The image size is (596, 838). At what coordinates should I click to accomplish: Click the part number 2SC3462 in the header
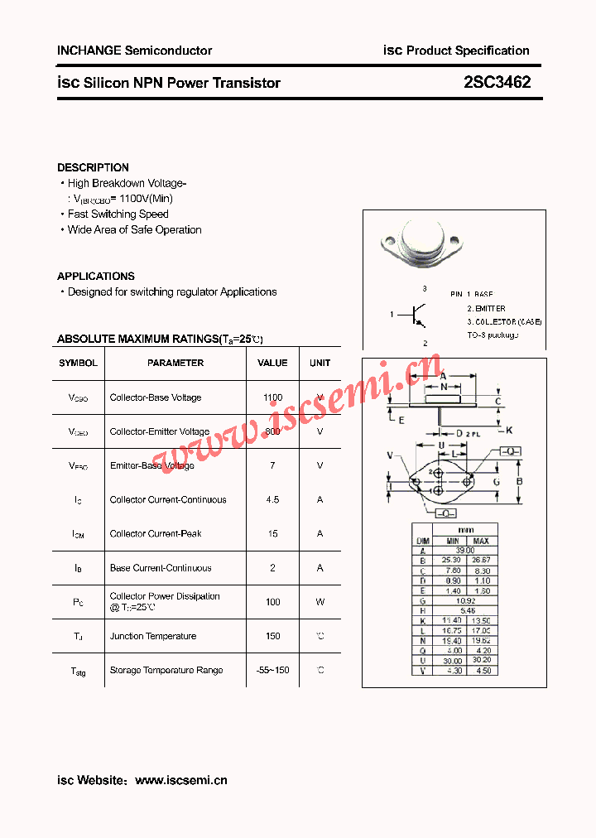[497, 83]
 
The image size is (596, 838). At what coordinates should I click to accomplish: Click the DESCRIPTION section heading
[93, 167]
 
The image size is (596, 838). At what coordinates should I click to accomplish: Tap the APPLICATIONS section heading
[95, 277]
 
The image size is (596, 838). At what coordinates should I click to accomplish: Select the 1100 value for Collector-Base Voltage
[272, 397]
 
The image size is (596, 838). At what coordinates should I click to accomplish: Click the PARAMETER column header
[175, 363]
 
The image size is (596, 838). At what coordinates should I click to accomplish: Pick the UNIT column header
[320, 363]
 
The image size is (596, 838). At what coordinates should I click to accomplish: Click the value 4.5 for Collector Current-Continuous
[272, 500]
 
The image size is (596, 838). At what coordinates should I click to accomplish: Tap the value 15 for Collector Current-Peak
[272, 534]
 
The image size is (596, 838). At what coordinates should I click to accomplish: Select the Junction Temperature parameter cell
[153, 637]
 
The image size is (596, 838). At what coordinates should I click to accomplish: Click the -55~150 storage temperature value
[272, 670]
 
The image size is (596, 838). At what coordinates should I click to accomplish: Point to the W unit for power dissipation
[320, 602]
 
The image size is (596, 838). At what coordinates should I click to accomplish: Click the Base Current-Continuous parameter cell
[161, 568]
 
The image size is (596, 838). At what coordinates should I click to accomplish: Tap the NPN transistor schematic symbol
[417, 315]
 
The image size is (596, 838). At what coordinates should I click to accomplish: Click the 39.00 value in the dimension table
[465, 550]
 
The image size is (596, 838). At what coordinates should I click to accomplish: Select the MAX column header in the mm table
[481, 541]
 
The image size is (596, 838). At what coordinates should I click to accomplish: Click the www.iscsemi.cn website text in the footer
[180, 780]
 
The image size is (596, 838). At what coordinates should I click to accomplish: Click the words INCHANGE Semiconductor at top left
[134, 51]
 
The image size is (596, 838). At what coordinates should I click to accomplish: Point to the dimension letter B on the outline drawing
[519, 481]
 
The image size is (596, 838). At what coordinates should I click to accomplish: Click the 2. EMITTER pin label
[486, 308]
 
